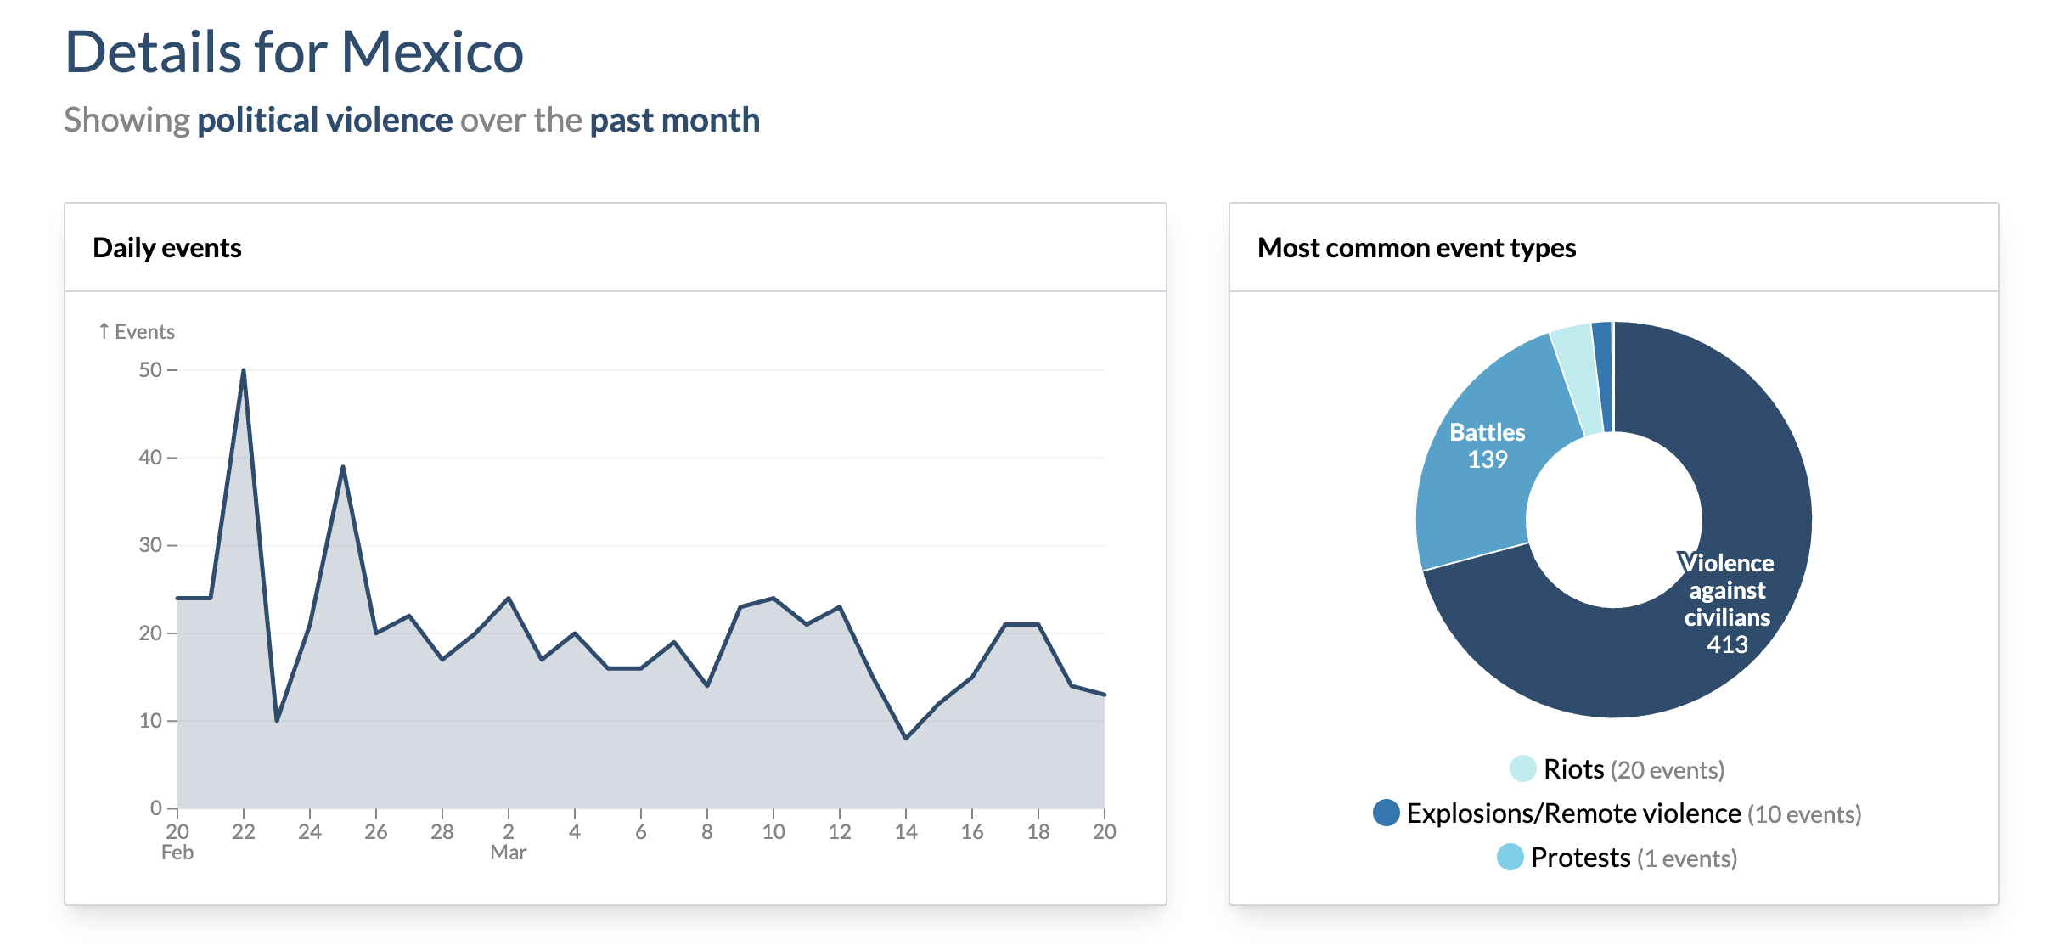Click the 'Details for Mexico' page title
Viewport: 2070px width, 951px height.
click(x=294, y=53)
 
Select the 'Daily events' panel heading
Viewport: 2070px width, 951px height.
click(x=167, y=248)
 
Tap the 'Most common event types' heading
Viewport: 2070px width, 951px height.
click(x=1416, y=248)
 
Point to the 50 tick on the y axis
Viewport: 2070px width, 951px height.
click(x=150, y=370)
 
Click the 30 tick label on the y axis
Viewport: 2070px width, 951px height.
click(x=150, y=545)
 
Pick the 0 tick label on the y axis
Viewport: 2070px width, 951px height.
click(x=156, y=808)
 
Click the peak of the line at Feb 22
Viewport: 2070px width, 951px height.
click(x=244, y=371)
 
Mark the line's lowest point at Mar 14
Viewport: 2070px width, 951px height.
click(x=906, y=738)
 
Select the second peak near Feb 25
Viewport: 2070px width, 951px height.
click(x=343, y=467)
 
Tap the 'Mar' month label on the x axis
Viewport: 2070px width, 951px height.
click(x=508, y=853)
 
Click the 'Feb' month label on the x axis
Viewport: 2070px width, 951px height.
click(x=177, y=853)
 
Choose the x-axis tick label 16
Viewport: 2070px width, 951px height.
click(x=972, y=832)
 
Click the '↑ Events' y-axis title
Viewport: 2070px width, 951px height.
click(x=137, y=332)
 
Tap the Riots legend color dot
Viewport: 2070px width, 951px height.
click(x=1522, y=769)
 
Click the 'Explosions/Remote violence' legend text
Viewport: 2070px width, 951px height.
click(x=1573, y=813)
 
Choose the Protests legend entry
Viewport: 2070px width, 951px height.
click(x=1580, y=858)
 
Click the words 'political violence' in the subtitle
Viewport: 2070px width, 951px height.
click(x=325, y=121)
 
